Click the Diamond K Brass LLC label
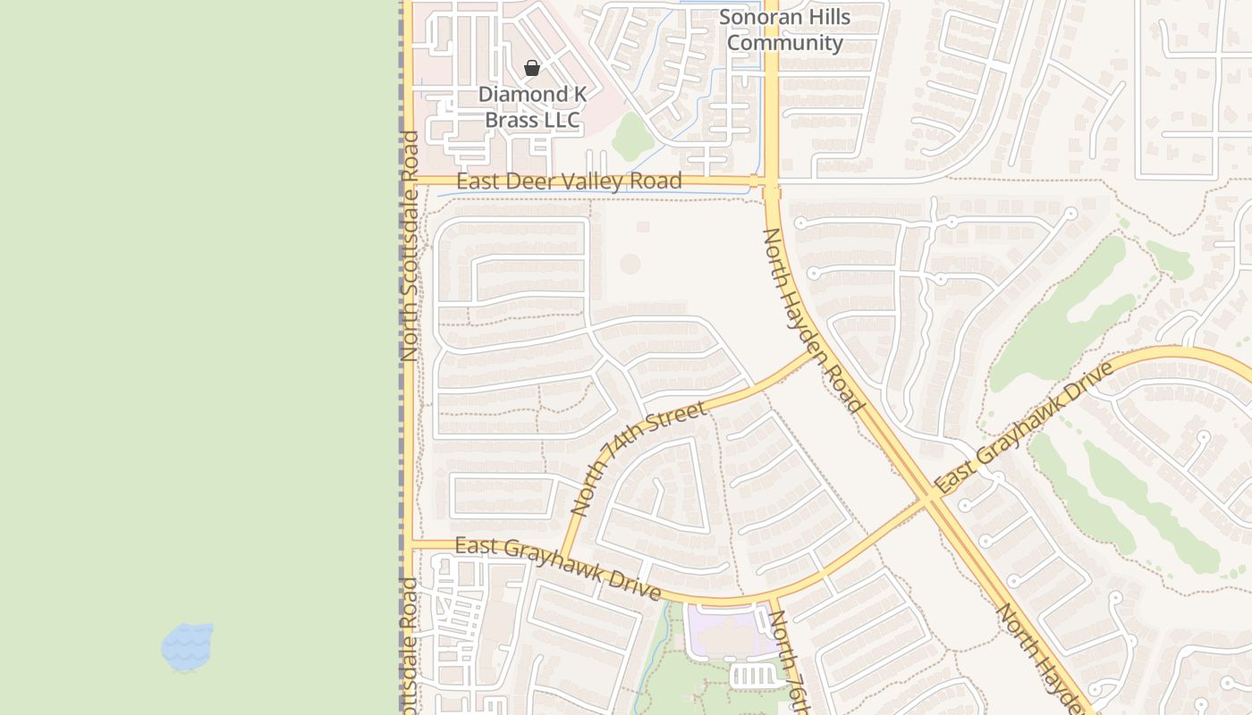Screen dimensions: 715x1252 pyautogui.click(x=532, y=107)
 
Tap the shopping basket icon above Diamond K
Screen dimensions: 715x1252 pyautogui.click(x=532, y=68)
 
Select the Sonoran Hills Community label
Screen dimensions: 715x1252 pyautogui.click(x=785, y=29)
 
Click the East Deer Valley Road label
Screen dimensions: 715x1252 pyautogui.click(x=569, y=181)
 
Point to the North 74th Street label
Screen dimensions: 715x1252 pyautogui.click(x=638, y=459)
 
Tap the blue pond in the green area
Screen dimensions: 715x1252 pyautogui.click(x=188, y=647)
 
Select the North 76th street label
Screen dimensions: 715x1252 pyautogui.click(x=790, y=661)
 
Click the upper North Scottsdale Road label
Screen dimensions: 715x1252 pyautogui.click(x=410, y=246)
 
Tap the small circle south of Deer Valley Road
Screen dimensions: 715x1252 pyautogui.click(x=630, y=264)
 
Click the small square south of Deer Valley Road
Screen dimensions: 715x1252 pyautogui.click(x=643, y=227)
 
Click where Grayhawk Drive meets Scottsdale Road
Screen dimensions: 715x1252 pyautogui.click(x=409, y=544)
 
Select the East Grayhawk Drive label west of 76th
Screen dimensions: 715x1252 pyautogui.click(x=557, y=568)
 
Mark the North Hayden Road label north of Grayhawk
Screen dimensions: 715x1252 pyautogui.click(x=813, y=321)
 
